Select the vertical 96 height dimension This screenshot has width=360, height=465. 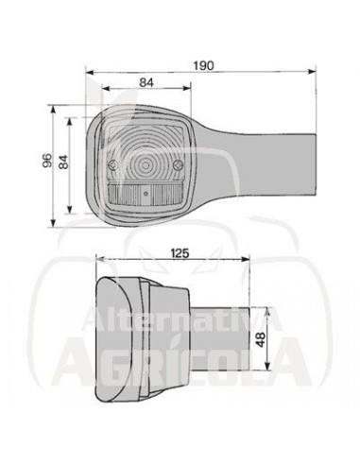click(47, 162)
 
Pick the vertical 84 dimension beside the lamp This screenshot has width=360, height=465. click(64, 162)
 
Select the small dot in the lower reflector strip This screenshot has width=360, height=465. click(146, 196)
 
